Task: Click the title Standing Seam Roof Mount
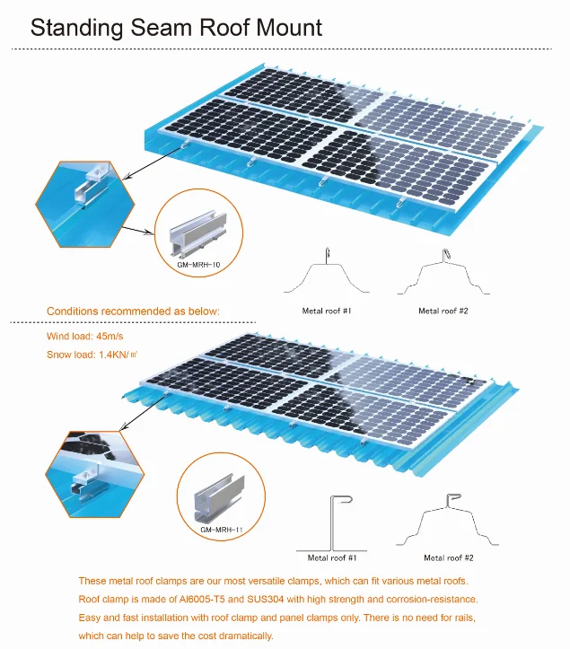[x=176, y=26]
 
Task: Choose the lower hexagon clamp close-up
[x=85, y=471]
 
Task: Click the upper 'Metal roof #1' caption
[x=326, y=310]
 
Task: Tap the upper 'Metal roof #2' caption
[x=443, y=310]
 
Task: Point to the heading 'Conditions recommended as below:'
[x=133, y=311]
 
